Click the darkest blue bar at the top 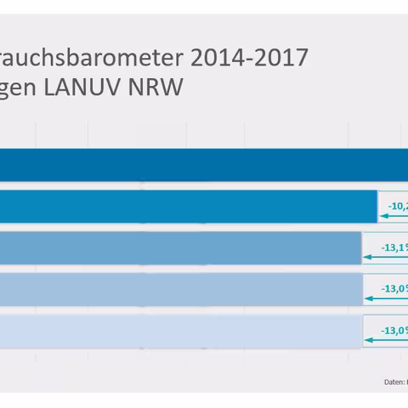click(204, 164)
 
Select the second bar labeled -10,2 click(187, 206)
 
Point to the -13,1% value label click(392, 246)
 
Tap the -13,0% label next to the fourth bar click(392, 288)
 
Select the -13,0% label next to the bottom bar click(392, 329)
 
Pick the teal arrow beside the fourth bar click(386, 299)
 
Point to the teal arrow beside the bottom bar click(386, 340)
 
